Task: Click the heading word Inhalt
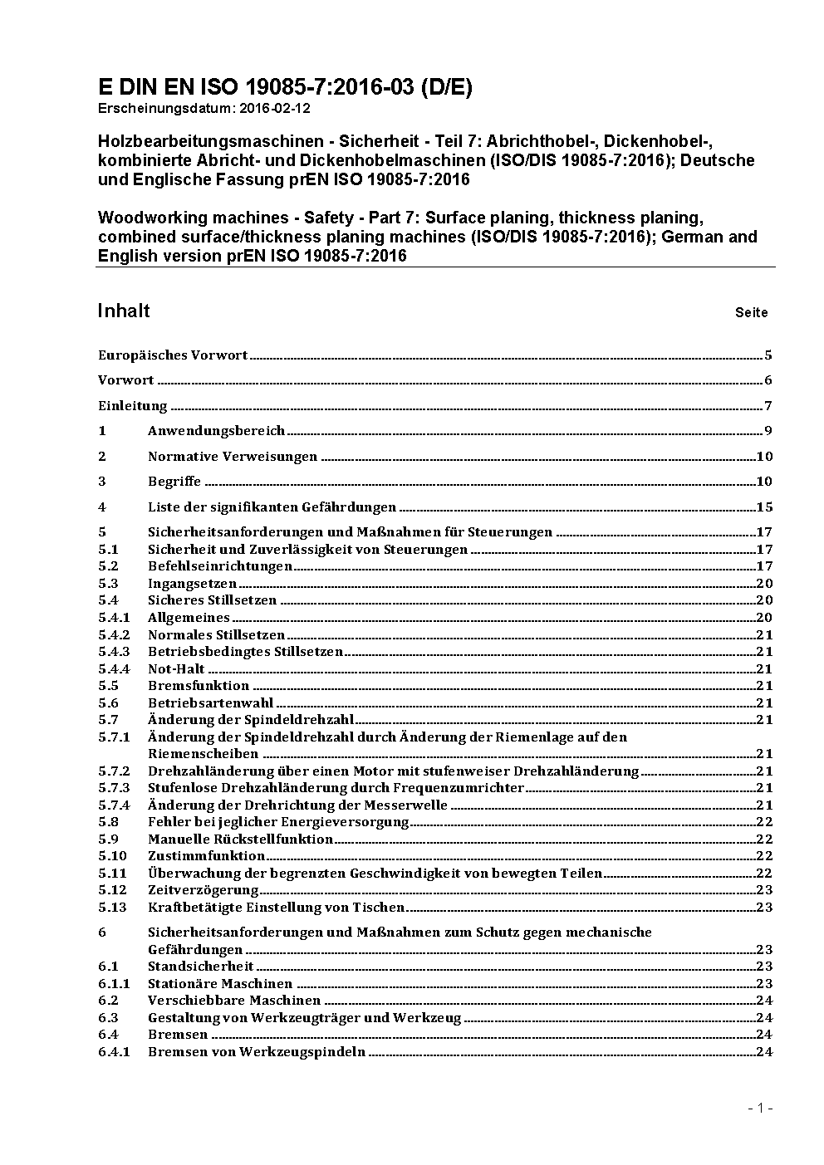[x=124, y=311]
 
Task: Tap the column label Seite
[x=751, y=313]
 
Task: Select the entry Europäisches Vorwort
[x=173, y=355]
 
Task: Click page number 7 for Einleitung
[x=768, y=406]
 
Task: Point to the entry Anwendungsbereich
[x=216, y=431]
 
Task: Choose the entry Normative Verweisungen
[x=233, y=457]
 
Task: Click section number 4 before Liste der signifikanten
[x=102, y=507]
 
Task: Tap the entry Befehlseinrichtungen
[x=220, y=566]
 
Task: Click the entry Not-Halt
[x=176, y=668]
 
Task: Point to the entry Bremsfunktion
[x=199, y=686]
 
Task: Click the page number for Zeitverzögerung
[x=764, y=889]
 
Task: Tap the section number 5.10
[x=112, y=855]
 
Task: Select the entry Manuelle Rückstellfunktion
[x=240, y=839]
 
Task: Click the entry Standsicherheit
[x=200, y=967]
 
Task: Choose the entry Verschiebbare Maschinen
[x=233, y=1001]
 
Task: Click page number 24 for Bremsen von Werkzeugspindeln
[x=764, y=1052]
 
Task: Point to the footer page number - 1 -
[x=759, y=1108]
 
